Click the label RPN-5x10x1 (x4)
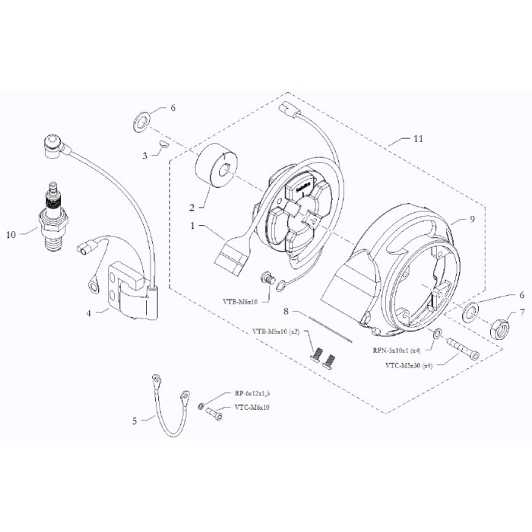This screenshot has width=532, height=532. tap(394, 350)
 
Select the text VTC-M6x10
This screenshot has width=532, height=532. tap(252, 407)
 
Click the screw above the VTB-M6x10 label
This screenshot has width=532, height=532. tap(267, 280)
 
